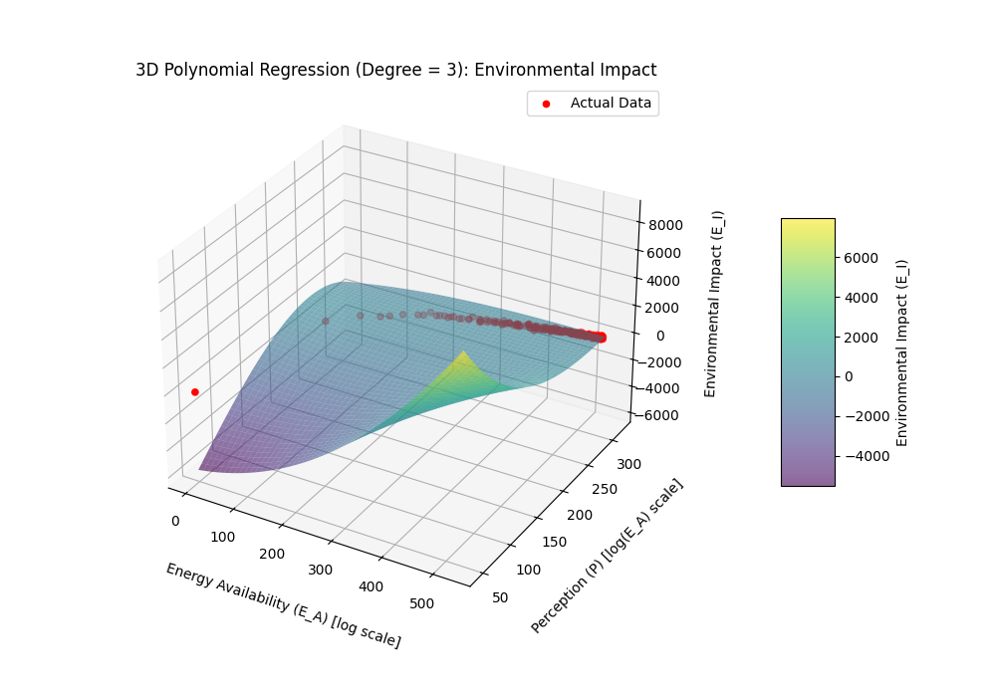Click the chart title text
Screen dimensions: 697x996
click(395, 70)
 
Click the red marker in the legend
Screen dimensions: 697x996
click(546, 104)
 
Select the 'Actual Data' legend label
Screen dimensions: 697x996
click(611, 104)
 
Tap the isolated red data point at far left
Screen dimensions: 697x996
click(195, 392)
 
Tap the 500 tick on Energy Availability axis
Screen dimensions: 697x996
click(421, 603)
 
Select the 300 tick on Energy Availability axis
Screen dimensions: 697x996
click(321, 570)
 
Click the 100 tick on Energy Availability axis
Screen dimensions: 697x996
click(222, 537)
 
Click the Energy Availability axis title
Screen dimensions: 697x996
click(283, 605)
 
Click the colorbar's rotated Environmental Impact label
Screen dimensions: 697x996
click(902, 352)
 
